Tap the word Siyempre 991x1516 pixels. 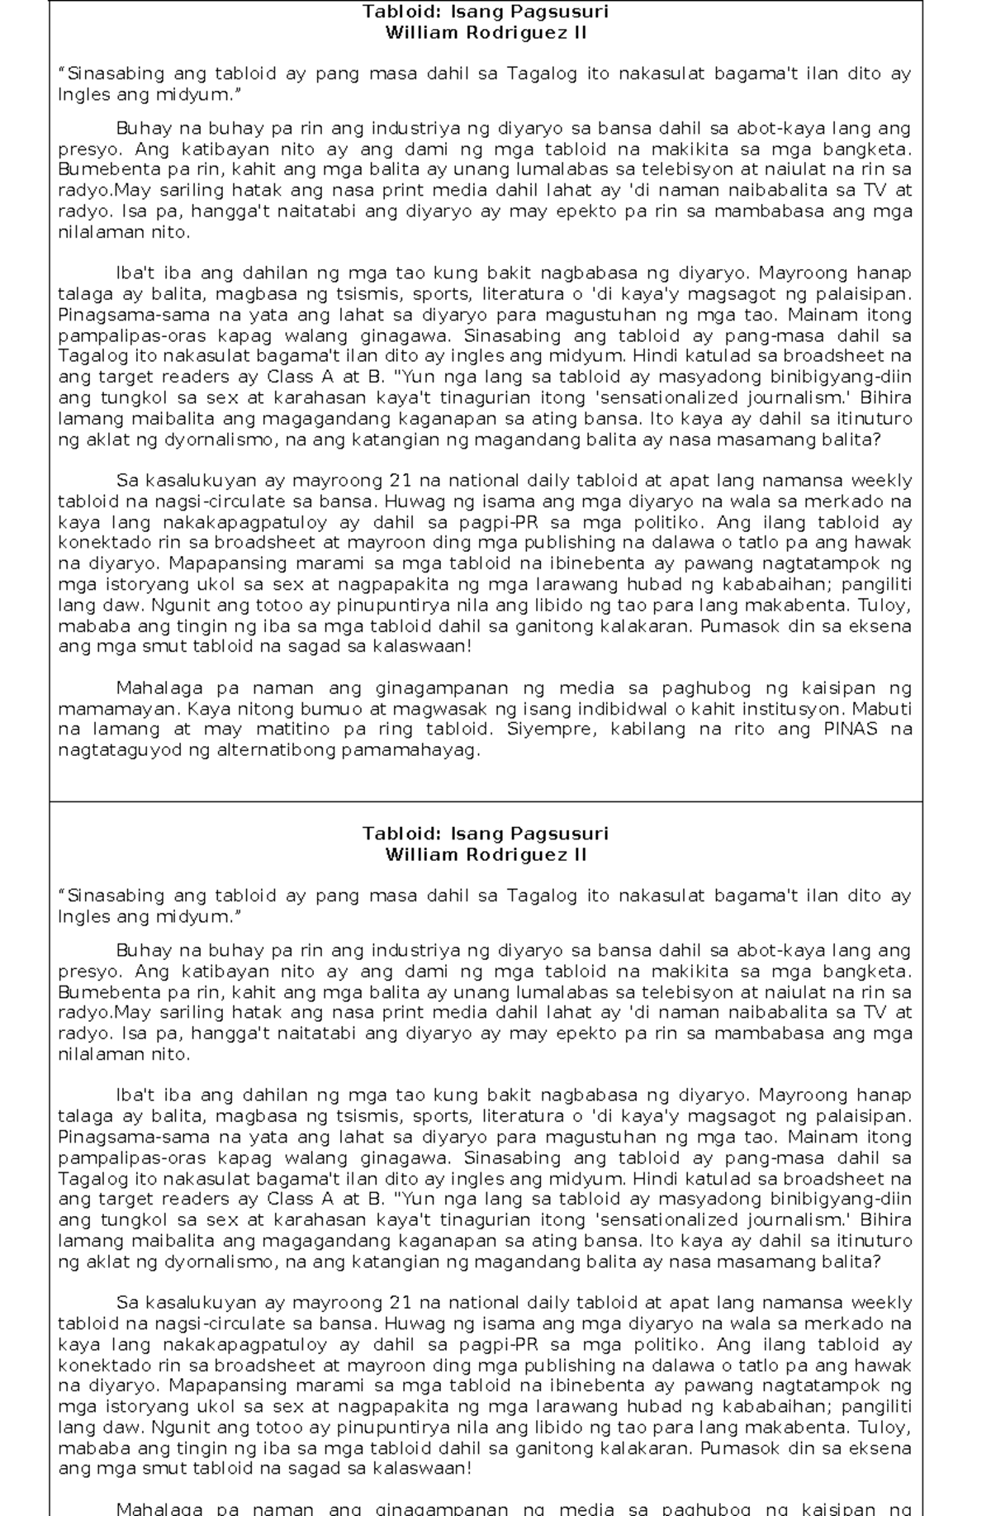541,729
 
